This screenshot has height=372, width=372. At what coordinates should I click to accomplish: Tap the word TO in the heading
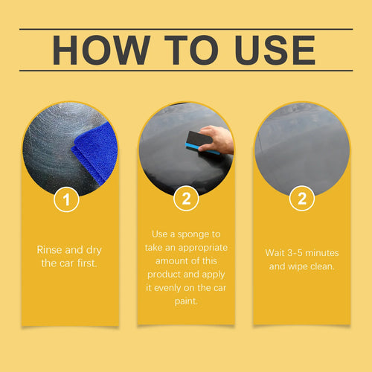[196, 50]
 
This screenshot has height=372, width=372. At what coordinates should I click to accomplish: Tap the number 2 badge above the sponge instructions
[186, 199]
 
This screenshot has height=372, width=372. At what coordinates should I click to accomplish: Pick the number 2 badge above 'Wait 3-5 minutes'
[301, 199]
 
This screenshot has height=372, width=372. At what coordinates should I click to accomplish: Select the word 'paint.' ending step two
[186, 301]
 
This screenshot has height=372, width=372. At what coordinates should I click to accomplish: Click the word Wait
[277, 252]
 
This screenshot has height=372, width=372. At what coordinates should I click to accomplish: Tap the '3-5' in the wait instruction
[299, 252]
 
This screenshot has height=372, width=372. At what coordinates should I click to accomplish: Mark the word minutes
[326, 252]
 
